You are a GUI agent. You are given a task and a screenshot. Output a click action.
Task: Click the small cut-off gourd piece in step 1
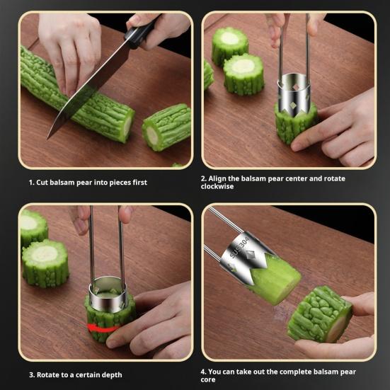(x=166, y=127)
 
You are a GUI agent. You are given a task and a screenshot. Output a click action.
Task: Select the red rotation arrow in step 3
(x=103, y=328)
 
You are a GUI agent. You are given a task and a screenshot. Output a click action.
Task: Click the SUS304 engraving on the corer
(x=239, y=247)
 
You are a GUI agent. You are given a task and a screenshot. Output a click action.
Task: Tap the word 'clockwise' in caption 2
(x=217, y=187)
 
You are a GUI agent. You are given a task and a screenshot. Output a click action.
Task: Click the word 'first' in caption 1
(x=139, y=183)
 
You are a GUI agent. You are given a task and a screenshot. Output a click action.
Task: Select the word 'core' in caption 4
(x=208, y=380)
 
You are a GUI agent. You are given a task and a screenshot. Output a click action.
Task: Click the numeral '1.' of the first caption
(x=31, y=183)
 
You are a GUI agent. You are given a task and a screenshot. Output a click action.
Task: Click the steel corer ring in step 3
(x=109, y=294)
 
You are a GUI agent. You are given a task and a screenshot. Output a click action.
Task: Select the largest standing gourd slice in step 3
(x=45, y=263)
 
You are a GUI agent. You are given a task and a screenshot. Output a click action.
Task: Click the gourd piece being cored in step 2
(x=295, y=123)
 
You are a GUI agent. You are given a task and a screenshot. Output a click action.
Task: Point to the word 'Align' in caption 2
(x=217, y=179)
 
